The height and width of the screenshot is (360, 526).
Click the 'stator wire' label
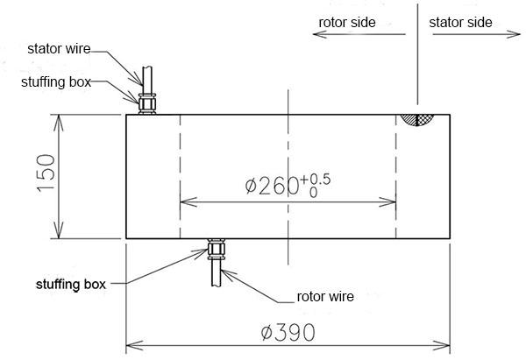(59, 49)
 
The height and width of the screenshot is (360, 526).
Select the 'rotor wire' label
(325, 297)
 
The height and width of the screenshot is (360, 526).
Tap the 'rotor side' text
(347, 23)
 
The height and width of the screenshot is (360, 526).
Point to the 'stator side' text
(460, 23)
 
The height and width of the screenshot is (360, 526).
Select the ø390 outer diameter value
(288, 333)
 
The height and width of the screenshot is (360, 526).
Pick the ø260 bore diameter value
(272, 186)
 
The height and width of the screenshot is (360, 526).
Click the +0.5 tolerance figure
(316, 180)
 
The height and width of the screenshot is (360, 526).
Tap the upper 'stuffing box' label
(56, 82)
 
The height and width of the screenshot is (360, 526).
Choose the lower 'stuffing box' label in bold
(71, 285)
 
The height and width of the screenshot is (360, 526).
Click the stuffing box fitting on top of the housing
(147, 104)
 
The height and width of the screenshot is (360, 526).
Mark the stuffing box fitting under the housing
(216, 249)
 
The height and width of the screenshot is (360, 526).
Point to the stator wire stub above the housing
(147, 80)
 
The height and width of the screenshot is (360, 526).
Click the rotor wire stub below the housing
(216, 273)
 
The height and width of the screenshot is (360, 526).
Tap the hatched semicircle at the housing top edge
(417, 120)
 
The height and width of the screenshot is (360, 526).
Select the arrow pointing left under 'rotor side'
(359, 34)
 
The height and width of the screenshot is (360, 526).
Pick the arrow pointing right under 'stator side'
(477, 34)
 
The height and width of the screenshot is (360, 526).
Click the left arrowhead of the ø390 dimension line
(134, 345)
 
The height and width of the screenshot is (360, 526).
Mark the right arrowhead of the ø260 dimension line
(387, 202)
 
